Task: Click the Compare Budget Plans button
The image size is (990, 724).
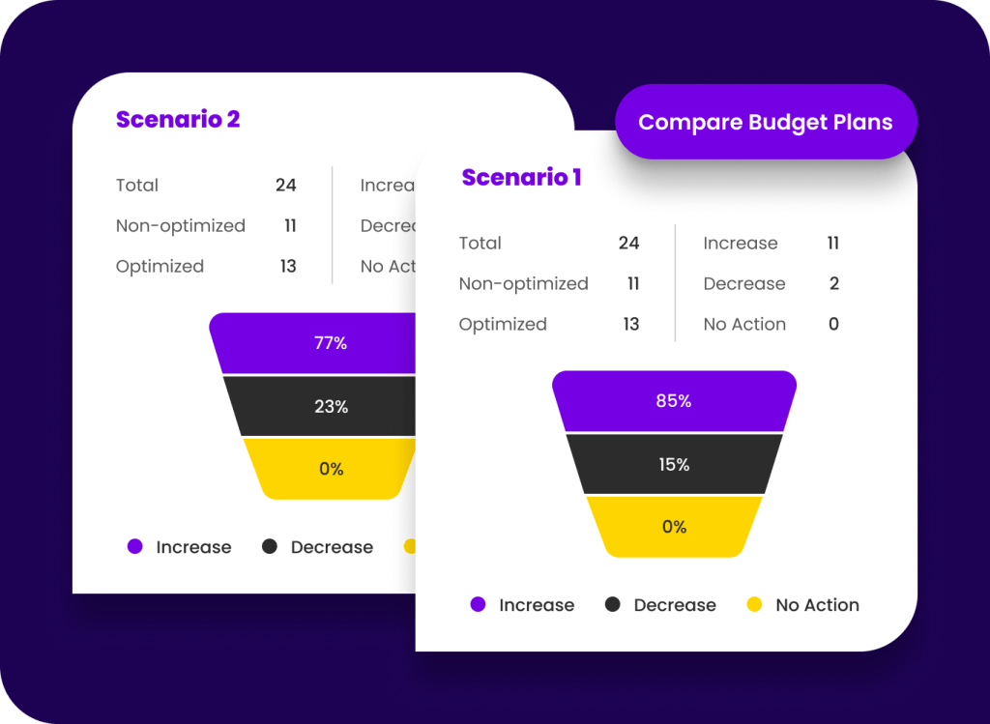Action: tap(765, 123)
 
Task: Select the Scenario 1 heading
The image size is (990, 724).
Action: tap(521, 178)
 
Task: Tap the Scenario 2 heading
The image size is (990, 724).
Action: tap(178, 120)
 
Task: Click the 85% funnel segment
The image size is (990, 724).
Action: tap(674, 400)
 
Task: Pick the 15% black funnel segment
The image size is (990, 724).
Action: tap(674, 464)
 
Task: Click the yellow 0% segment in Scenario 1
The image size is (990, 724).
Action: tap(674, 527)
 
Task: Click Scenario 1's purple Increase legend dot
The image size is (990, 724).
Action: tap(478, 605)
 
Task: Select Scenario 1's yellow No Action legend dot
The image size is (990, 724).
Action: tap(755, 605)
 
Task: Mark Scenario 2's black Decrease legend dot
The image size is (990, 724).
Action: tap(270, 547)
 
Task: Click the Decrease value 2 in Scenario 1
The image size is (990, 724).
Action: tap(833, 284)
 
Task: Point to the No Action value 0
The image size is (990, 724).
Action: tap(833, 325)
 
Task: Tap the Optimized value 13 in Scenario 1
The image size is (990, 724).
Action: tap(630, 325)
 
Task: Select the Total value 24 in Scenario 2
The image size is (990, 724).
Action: tap(285, 186)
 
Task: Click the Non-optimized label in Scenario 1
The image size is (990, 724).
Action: tap(523, 284)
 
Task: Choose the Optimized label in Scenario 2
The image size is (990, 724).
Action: tap(160, 267)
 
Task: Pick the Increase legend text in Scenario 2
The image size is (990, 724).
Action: tap(193, 547)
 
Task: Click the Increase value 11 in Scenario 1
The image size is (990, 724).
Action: tap(832, 244)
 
